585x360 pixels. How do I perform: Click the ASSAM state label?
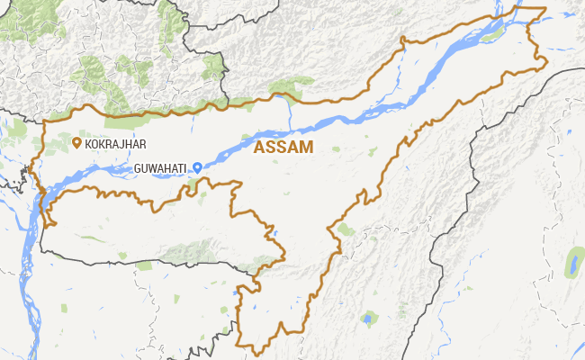[283, 148]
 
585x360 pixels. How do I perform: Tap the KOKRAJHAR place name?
[115, 143]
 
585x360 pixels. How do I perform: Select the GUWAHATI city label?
[162, 168]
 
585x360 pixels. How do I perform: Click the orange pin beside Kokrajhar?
[77, 141]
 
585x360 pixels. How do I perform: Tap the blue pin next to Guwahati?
[197, 167]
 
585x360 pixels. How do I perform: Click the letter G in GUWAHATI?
[138, 168]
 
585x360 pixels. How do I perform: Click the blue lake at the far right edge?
[571, 265]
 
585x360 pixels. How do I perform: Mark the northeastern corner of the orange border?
[544, 9]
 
